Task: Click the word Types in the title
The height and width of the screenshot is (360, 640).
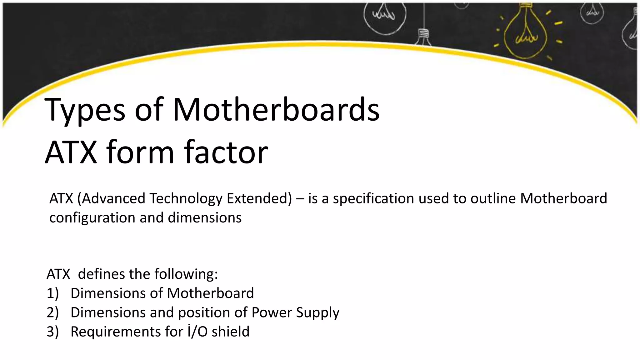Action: coord(85,110)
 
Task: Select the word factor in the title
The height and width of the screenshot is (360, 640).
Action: coord(226,152)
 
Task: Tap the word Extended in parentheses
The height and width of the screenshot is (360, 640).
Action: coord(259,199)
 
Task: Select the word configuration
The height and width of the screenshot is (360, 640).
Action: coord(92,218)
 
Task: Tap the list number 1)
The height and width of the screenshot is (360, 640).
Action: coord(52,293)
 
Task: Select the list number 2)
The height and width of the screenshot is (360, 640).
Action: coord(52,312)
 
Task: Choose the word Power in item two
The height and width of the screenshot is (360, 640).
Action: coord(272,312)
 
